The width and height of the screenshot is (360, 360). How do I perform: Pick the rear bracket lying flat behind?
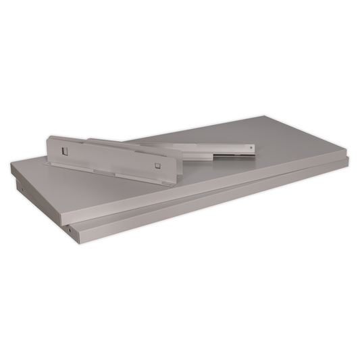(x=203, y=149)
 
